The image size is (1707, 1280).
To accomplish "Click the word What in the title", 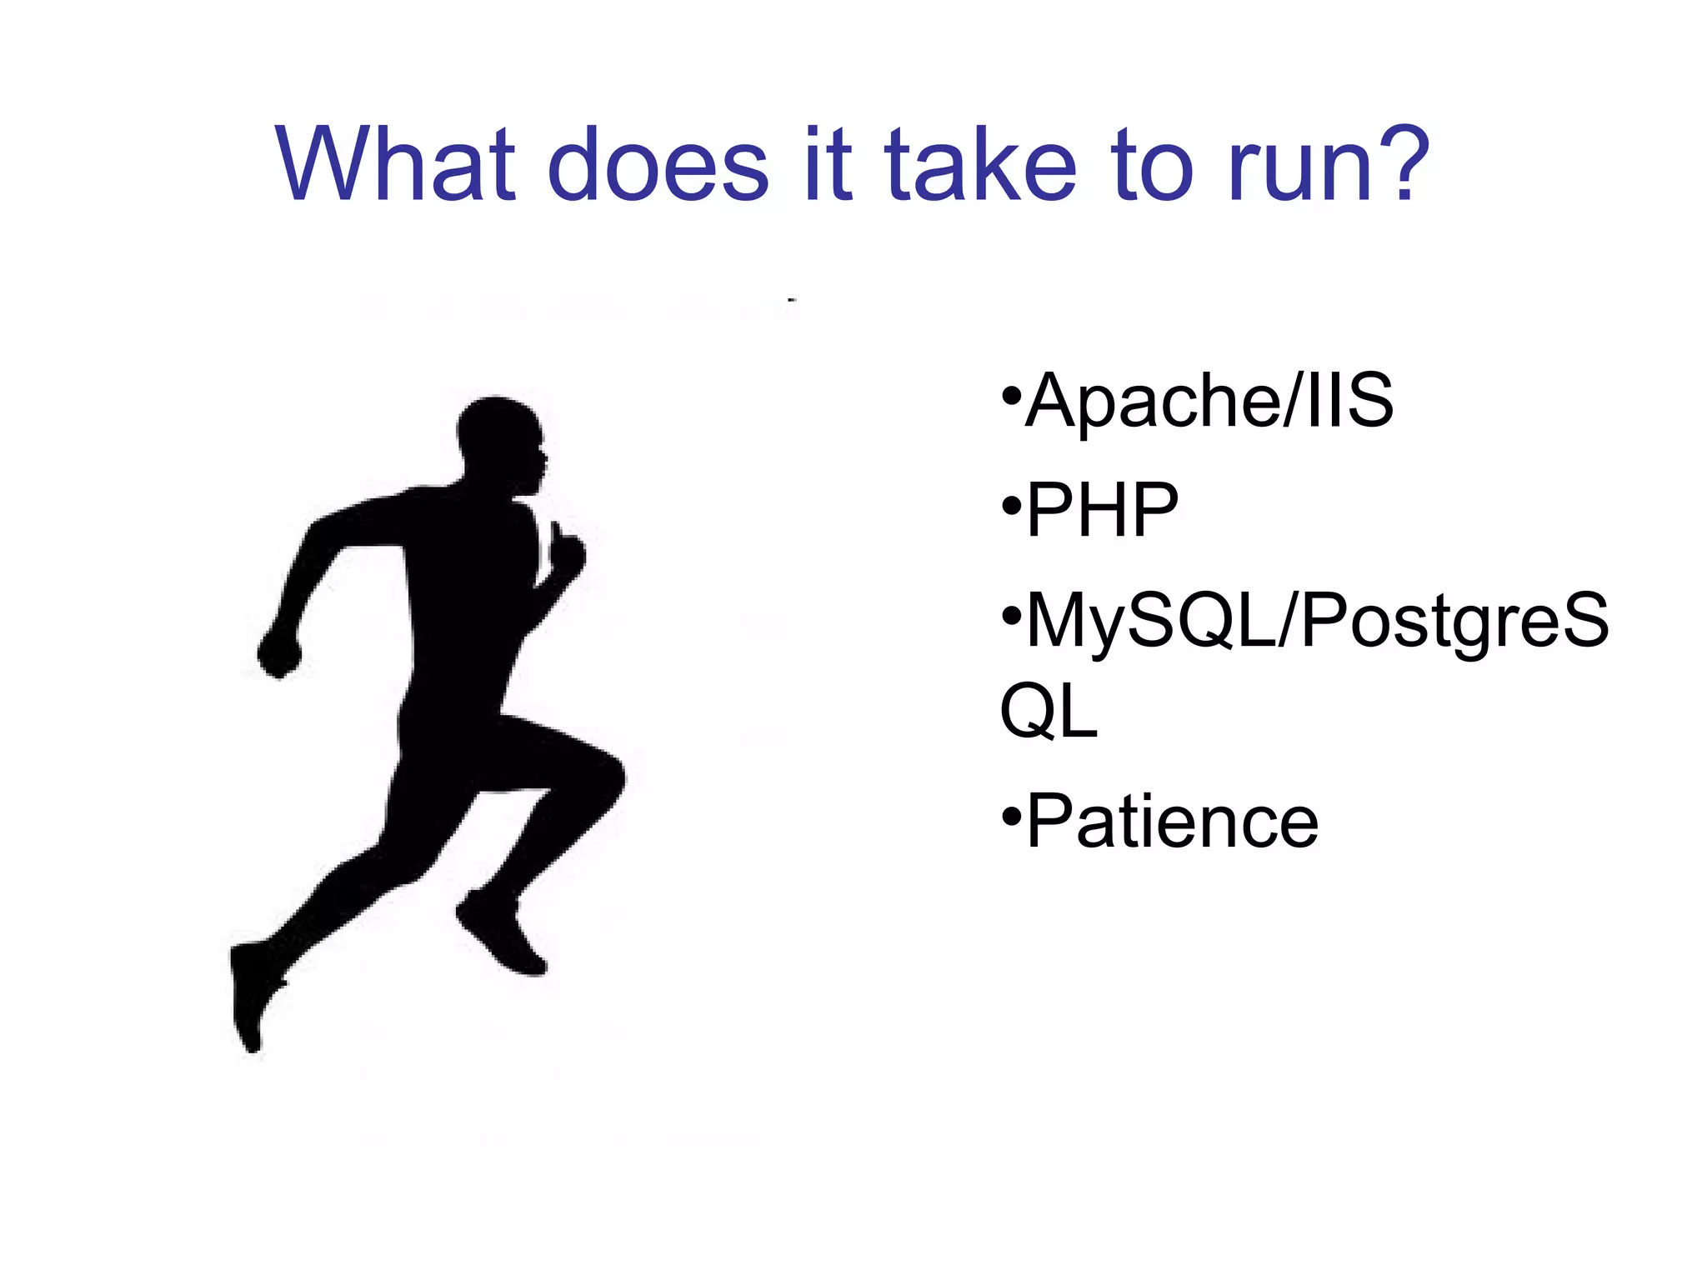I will (395, 164).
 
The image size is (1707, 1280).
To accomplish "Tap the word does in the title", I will (658, 164).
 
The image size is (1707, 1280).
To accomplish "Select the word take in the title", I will (980, 164).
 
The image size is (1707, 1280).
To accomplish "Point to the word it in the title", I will (828, 164).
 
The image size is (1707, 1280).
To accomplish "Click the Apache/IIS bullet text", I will (1209, 402).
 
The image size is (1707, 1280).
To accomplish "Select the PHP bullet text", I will (1102, 510).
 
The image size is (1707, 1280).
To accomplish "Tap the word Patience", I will (1172, 822).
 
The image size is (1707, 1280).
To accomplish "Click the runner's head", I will (500, 437).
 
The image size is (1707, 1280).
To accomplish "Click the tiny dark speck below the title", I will (791, 299).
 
